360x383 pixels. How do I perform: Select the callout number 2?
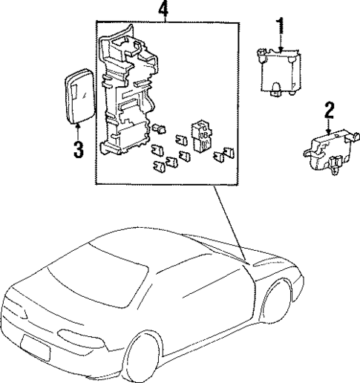click(329, 112)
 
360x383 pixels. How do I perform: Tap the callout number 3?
click(78, 148)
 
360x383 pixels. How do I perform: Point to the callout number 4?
click(164, 10)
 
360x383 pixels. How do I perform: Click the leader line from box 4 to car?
click(227, 223)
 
